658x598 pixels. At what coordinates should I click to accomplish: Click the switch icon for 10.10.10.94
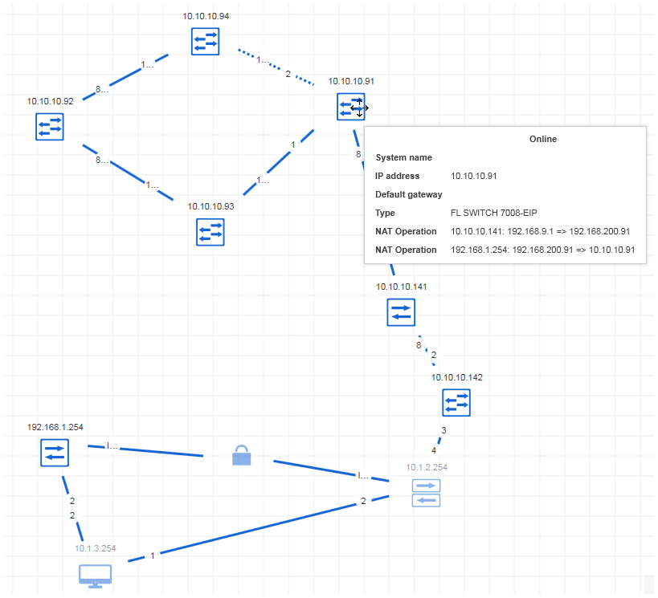206,41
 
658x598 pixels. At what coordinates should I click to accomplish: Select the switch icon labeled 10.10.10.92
50,126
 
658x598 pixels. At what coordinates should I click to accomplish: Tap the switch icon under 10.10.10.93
210,231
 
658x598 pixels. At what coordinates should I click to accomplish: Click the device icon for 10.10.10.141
401,311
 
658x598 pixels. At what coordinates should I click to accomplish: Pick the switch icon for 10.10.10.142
456,402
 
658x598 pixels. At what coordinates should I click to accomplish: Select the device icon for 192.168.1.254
55,453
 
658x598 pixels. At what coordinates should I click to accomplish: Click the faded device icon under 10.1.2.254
426,492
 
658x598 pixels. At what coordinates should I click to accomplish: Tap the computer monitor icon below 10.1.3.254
95,576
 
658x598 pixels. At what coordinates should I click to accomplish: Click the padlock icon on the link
241,455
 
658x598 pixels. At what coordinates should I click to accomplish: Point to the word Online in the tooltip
543,139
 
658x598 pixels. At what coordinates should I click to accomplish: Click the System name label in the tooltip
403,157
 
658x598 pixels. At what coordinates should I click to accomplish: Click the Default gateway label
409,194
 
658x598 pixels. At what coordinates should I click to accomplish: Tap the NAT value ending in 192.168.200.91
540,231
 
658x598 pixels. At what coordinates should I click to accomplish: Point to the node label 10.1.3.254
96,548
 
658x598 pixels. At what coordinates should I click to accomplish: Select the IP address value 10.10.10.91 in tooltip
474,176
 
